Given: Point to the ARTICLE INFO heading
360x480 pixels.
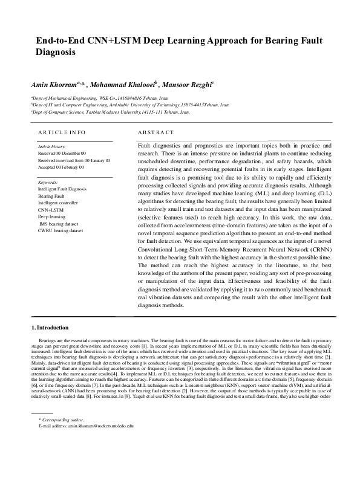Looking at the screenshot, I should pyautogui.click(x=61, y=132).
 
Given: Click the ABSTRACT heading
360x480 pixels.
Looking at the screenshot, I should pyautogui.click(x=156, y=132).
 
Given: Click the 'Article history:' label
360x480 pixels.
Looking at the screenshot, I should pyautogui.click(x=51, y=147).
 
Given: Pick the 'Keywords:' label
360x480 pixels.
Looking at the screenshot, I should pyautogui.click(x=48, y=182).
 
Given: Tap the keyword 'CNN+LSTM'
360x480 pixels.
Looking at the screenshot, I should pyautogui.click(x=51, y=209).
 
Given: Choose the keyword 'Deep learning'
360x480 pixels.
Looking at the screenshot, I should pyautogui.click(x=52, y=216).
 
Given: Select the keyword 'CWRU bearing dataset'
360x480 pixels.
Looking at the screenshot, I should pyautogui.click(x=61, y=230).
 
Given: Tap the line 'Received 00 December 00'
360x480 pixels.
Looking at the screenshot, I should pyautogui.click(x=62, y=154).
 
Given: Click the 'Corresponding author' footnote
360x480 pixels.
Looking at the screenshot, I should pyautogui.click(x=61, y=420).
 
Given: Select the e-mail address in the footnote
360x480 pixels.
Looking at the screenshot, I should pyautogui.click(x=85, y=427).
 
